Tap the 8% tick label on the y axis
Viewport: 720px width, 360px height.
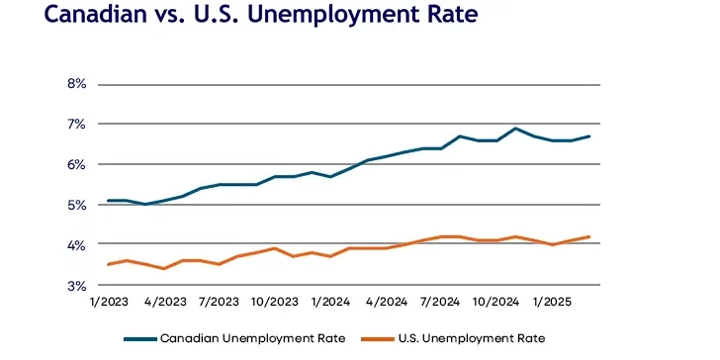(77, 84)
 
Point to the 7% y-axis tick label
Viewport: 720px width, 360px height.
(77, 125)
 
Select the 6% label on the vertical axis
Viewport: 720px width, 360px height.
(77, 164)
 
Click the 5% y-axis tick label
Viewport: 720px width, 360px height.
(77, 205)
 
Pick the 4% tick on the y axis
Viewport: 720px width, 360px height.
(77, 245)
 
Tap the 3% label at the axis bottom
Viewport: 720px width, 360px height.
(77, 286)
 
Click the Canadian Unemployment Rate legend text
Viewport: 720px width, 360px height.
(253, 338)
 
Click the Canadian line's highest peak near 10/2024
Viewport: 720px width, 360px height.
(515, 129)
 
